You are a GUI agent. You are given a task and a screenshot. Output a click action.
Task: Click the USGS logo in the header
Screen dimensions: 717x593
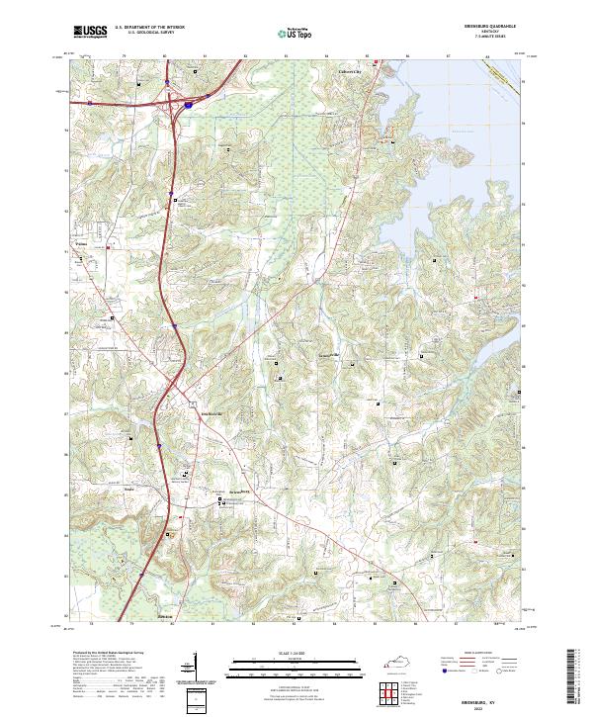click(90, 33)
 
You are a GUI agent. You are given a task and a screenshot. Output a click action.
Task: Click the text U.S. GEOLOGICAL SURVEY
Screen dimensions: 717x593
click(149, 33)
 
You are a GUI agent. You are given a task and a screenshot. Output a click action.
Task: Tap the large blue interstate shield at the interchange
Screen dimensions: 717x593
click(188, 101)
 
